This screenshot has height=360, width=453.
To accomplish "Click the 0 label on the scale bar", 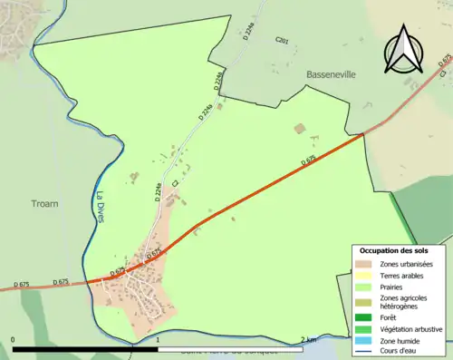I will [x=14, y=339].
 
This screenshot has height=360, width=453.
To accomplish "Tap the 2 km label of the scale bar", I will [x=310, y=339].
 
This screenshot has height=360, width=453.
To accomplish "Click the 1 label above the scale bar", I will [x=159, y=339].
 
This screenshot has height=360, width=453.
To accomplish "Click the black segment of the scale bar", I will [x=86, y=348].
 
